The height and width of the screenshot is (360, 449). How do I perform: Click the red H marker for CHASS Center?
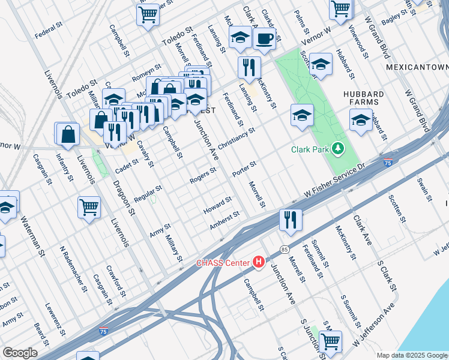pos(259,262)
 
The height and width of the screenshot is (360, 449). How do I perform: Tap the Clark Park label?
pos(311,149)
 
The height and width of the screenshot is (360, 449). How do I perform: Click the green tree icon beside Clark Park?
pos(339,148)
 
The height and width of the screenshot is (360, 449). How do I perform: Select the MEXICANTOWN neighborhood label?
pos(417,67)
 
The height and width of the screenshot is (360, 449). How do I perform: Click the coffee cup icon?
pos(264,39)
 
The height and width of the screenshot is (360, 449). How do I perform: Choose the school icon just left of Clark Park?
pos(302,115)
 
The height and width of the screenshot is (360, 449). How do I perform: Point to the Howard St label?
pos(217,204)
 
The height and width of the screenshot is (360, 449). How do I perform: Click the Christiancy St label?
pos(237,138)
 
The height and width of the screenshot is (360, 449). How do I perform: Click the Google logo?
pos(20,353)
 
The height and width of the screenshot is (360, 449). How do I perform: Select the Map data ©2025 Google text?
pos(412,355)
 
